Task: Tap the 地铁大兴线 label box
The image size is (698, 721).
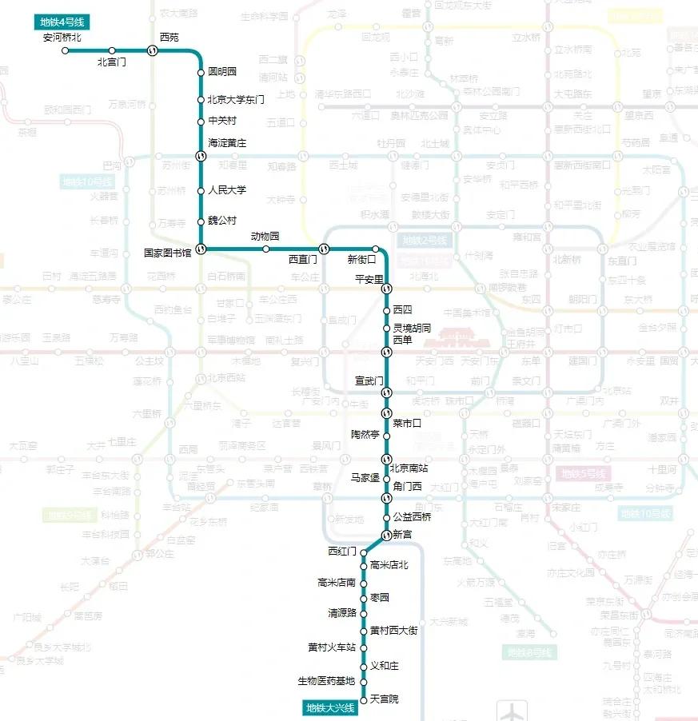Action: coord(330,707)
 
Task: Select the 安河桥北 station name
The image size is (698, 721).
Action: coord(62,38)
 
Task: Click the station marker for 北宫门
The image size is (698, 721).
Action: coord(112,50)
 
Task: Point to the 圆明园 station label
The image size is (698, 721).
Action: coord(222,72)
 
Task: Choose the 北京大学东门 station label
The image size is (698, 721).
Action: coord(236,100)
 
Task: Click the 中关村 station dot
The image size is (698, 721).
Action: coord(201,121)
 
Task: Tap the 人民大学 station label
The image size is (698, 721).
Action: coord(227,190)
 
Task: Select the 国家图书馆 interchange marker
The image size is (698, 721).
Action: coord(201,249)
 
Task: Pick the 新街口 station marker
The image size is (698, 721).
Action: coord(374,249)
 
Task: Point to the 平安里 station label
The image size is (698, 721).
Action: coord(370,278)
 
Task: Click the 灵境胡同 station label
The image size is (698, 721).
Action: coord(413,328)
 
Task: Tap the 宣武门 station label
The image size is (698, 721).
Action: coord(370,380)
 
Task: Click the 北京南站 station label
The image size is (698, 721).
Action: coord(409,468)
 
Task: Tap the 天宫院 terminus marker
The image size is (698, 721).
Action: coord(363,699)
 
